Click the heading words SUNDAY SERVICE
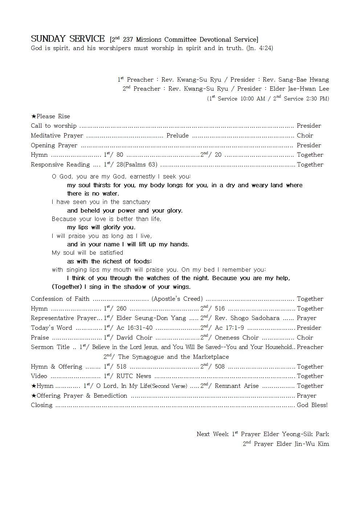click(x=67, y=39)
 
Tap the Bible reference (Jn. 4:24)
click(x=259, y=48)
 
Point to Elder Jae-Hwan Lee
click(x=299, y=89)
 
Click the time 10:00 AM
click(x=253, y=99)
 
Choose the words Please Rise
click(x=53, y=116)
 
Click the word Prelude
click(x=177, y=136)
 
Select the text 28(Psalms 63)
click(x=137, y=165)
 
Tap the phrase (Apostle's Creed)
click(x=177, y=299)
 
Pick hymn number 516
click(x=220, y=309)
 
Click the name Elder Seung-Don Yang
click(x=151, y=318)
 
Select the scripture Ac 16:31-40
click(x=134, y=328)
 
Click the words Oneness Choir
click(x=237, y=338)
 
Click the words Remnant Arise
click(x=237, y=386)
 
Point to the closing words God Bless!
click(x=312, y=405)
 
